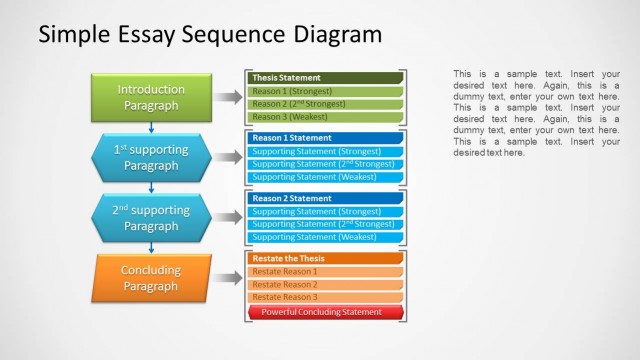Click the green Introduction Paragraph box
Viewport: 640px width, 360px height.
pos(151,97)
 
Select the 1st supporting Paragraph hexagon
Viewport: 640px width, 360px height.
pos(151,157)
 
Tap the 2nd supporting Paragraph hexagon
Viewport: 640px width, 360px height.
pos(151,218)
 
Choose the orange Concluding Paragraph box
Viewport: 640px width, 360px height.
pos(151,278)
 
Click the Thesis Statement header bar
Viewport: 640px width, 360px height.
pos(325,77)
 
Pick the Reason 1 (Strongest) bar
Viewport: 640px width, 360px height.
pos(325,91)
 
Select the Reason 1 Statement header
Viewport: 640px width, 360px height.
pos(325,138)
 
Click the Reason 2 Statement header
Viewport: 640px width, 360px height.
pos(325,198)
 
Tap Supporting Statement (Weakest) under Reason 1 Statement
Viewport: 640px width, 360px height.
pos(325,177)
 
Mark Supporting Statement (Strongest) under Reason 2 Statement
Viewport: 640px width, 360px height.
pos(325,211)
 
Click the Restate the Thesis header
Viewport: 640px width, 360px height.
pos(325,258)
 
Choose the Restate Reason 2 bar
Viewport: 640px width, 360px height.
pos(325,284)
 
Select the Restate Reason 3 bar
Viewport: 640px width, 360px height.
pos(325,297)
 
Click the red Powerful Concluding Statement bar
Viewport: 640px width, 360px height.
pos(325,312)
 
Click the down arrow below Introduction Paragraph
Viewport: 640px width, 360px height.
pos(151,127)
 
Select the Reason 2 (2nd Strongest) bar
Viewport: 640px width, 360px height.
pos(325,104)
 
